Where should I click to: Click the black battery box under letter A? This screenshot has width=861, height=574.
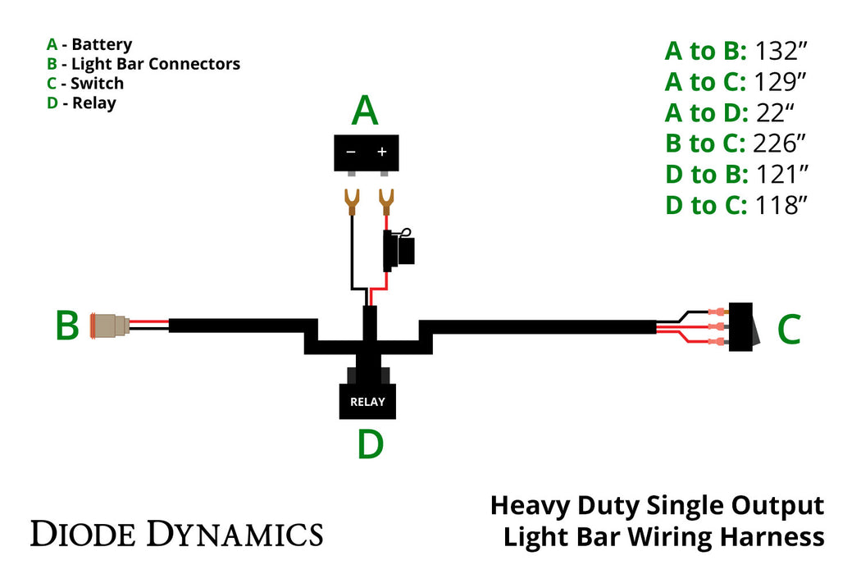click(x=366, y=153)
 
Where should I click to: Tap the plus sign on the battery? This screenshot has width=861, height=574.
click(x=381, y=153)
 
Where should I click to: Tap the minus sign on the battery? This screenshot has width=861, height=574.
click(x=351, y=153)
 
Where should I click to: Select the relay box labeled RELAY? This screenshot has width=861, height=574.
click(x=367, y=402)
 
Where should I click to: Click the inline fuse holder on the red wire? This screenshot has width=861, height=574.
click(x=399, y=249)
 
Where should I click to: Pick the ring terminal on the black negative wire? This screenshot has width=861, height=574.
click(x=353, y=201)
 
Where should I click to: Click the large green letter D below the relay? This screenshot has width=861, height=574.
click(x=371, y=444)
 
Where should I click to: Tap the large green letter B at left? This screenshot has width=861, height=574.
click(x=67, y=326)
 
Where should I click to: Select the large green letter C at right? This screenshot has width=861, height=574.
click(x=788, y=329)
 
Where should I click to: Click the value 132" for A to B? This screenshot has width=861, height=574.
click(x=781, y=51)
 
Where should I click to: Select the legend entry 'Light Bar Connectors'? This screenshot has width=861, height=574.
click(x=156, y=64)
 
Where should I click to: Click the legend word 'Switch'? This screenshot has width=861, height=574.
click(x=97, y=84)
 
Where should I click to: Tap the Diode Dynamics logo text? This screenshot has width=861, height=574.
click(x=176, y=534)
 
